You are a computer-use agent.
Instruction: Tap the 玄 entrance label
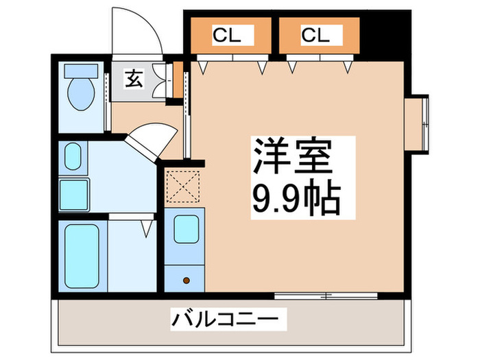click(x=133, y=80)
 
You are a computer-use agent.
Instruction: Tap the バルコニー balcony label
click(x=226, y=319)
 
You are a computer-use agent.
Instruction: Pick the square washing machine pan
click(x=74, y=193)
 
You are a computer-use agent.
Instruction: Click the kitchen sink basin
click(x=185, y=230)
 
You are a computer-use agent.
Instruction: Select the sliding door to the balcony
click(x=325, y=296)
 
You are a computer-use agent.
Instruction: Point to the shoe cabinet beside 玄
click(x=161, y=80)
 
